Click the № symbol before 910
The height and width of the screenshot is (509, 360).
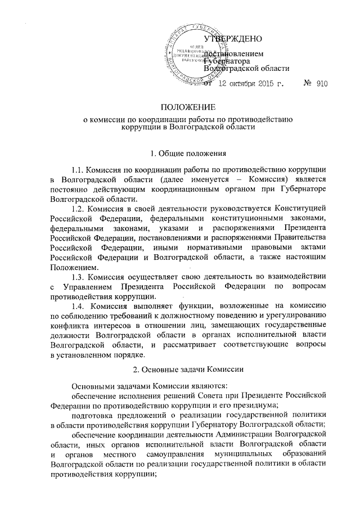pos(308,84)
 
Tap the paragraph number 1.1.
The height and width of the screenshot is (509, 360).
pos(80,169)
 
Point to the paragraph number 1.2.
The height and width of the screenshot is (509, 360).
pos(80,209)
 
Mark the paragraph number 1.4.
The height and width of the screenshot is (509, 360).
pos(80,306)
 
